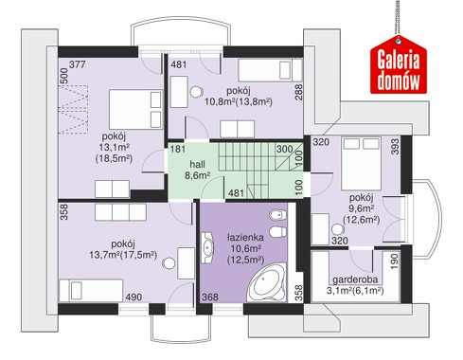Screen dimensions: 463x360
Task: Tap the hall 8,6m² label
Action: click(197, 170)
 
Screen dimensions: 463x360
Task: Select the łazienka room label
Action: click(245, 237)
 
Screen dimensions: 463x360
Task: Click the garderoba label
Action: click(355, 279)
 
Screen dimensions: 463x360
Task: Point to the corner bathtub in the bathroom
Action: click(268, 281)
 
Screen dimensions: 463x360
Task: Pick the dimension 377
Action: click(78, 64)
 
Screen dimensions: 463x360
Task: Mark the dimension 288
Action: click(298, 92)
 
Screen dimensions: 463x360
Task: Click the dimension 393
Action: click(395, 147)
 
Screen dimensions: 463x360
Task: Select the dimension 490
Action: click(134, 297)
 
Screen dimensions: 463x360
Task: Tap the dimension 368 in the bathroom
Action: click(210, 297)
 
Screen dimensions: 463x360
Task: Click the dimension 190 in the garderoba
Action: click(395, 261)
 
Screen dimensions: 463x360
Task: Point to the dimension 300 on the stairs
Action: click(284, 149)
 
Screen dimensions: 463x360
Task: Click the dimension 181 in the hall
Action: click(178, 149)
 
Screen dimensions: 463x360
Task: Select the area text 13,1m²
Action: click(115, 147)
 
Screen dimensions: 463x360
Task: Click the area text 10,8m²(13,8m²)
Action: click(239, 102)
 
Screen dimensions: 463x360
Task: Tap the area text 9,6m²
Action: click(362, 208)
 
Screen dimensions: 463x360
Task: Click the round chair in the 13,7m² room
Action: click(169, 263)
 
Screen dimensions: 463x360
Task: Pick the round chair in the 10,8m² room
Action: click(196, 92)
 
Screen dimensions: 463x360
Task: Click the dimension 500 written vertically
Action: click(63, 76)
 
